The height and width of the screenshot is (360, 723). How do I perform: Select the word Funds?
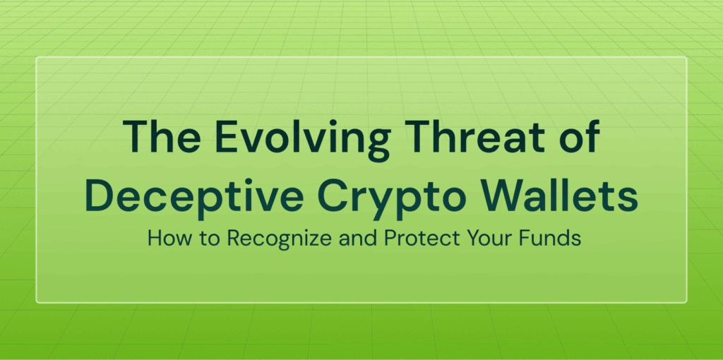click(x=548, y=239)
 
